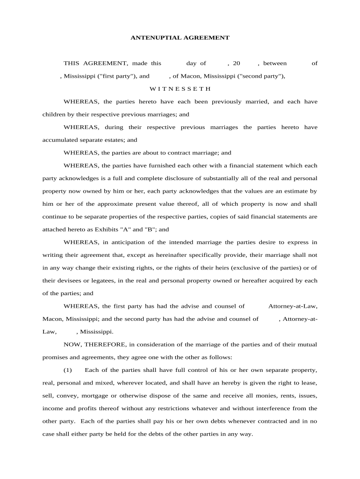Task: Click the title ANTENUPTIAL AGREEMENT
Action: pyautogui.click(x=180, y=37)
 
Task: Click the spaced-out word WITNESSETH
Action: pyautogui.click(x=180, y=88)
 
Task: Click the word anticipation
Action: pyautogui.click(x=134, y=242)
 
